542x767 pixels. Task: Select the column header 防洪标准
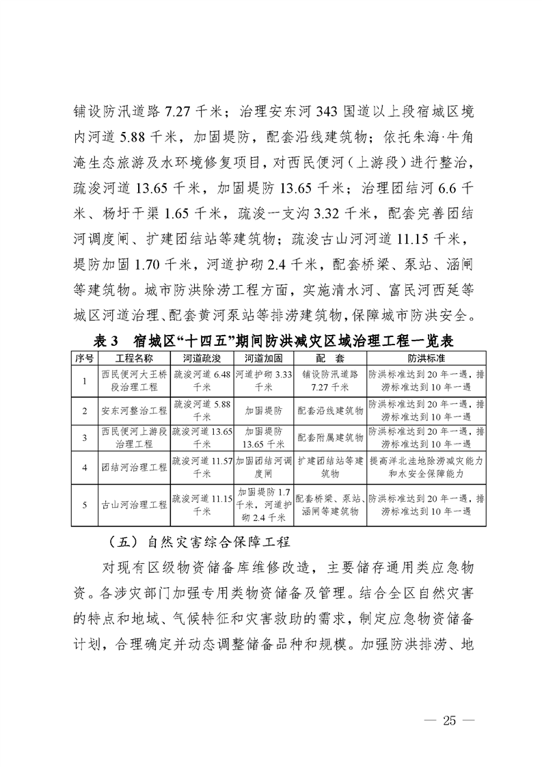pyautogui.click(x=427, y=359)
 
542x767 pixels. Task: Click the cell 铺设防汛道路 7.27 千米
pyautogui.click(x=329, y=381)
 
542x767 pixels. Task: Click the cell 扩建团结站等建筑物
pyautogui.click(x=329, y=468)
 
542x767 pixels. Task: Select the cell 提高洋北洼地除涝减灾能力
pyautogui.click(x=427, y=468)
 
